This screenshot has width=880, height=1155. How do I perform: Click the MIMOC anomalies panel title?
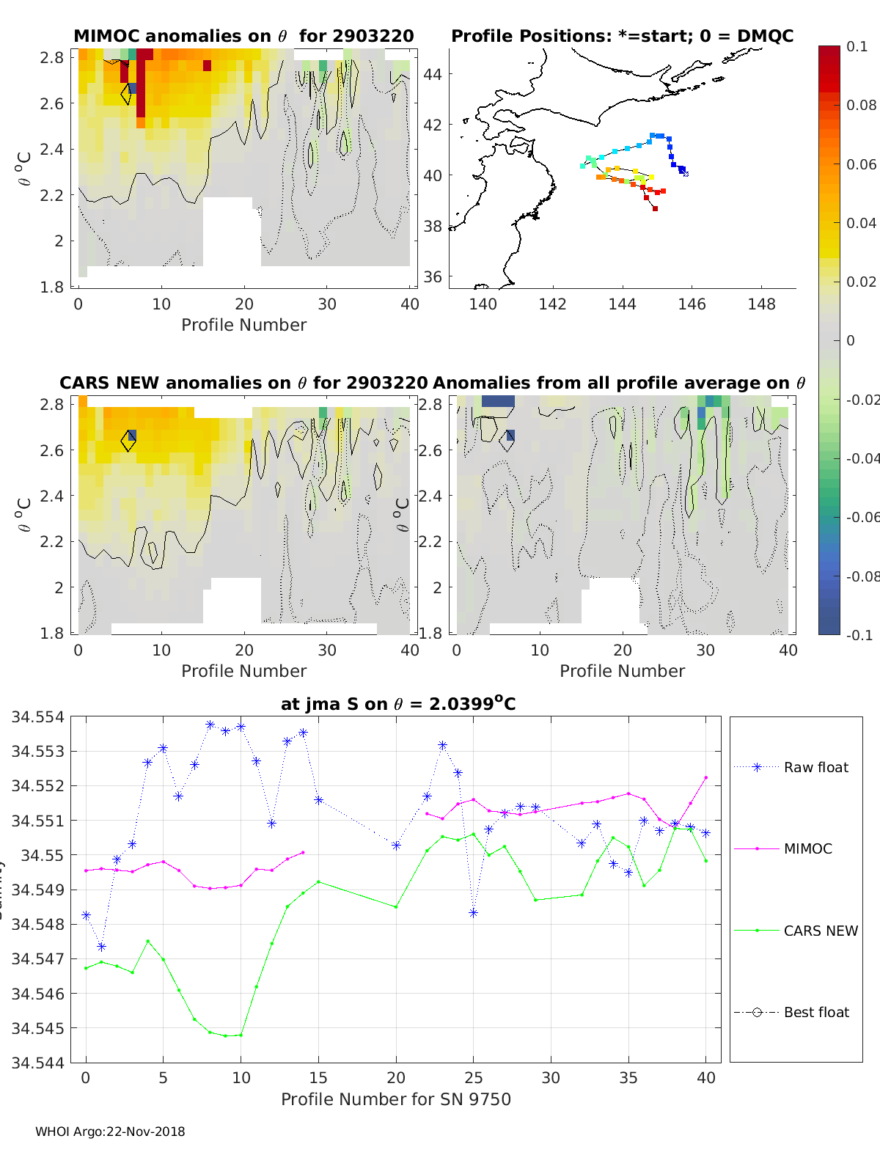pyautogui.click(x=243, y=36)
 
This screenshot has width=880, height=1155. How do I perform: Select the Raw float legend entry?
pyautogui.click(x=815, y=767)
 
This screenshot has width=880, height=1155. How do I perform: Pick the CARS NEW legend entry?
pyautogui.click(x=820, y=931)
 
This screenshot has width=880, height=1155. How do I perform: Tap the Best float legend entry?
pyautogui.click(x=815, y=1012)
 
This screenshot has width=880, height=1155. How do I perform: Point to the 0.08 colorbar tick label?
pyautogui.click(x=861, y=105)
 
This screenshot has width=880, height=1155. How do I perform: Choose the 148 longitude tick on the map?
pyautogui.click(x=761, y=304)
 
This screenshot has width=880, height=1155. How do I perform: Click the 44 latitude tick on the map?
pyautogui.click(x=433, y=74)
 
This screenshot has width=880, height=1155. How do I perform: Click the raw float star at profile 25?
pyautogui.click(x=474, y=913)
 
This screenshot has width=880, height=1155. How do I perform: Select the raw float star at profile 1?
pyautogui.click(x=101, y=947)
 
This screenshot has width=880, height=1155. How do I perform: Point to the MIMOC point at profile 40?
pyautogui.click(x=706, y=777)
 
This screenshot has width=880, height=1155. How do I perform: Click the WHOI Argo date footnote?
pyautogui.click(x=110, y=1132)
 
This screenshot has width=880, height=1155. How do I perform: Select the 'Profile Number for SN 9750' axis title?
pyautogui.click(x=396, y=1099)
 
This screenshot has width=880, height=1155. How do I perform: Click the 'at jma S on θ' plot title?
pyautogui.click(x=398, y=704)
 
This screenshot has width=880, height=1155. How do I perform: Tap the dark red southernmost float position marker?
pyautogui.click(x=655, y=209)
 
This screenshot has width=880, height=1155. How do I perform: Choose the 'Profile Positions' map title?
pyautogui.click(x=622, y=36)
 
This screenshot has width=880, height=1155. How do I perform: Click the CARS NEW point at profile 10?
pyautogui.click(x=241, y=1035)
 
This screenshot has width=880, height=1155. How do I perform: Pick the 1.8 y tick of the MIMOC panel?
pyautogui.click(x=52, y=287)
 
